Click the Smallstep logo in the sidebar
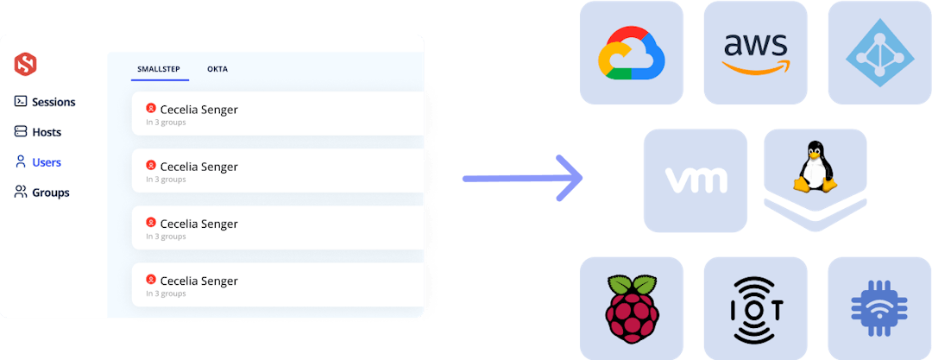click(x=25, y=64)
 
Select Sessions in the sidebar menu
click(x=54, y=102)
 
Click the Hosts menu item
click(x=47, y=132)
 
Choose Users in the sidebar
click(x=47, y=162)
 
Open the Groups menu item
click(x=51, y=193)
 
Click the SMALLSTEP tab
click(x=160, y=69)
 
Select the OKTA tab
click(x=217, y=69)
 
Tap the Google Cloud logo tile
click(x=631, y=52)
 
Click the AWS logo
click(x=755, y=52)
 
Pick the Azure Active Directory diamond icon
click(x=879, y=54)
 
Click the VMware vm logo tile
click(x=696, y=180)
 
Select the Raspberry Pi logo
click(x=631, y=308)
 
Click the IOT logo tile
click(x=755, y=308)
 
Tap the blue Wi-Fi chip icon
click(x=879, y=308)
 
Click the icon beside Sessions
click(x=21, y=102)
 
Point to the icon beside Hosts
click(x=21, y=132)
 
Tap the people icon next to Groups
click(x=21, y=193)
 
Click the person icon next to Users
click(x=21, y=162)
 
